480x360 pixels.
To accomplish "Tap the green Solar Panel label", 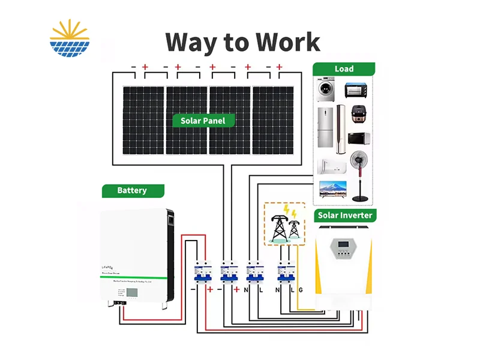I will click(203, 121).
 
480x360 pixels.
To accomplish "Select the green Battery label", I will click(132, 191).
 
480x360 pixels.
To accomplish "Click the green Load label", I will click(344, 69).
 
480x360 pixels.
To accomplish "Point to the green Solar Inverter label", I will click(344, 215).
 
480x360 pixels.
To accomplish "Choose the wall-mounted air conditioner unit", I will click(331, 166).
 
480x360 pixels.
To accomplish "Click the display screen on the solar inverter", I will click(343, 246).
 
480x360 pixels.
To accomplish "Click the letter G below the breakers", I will click(301, 290).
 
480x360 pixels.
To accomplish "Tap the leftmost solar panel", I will click(143, 120).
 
